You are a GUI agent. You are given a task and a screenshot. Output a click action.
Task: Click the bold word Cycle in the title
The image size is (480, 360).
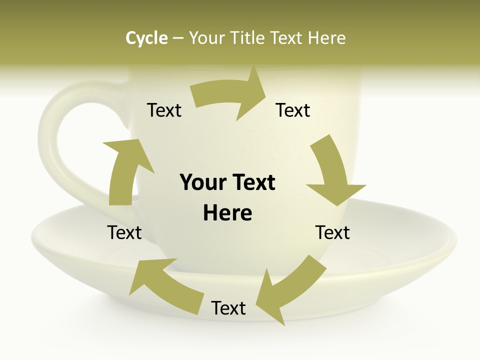146,38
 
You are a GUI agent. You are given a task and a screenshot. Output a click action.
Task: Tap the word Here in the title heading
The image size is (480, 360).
326,38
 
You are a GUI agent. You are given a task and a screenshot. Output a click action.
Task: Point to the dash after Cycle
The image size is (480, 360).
178,38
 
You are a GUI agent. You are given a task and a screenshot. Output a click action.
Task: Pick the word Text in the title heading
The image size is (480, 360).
288,38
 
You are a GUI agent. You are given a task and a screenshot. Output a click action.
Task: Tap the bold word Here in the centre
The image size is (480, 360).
227,213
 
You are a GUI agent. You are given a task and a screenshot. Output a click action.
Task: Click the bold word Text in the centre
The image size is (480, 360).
252,183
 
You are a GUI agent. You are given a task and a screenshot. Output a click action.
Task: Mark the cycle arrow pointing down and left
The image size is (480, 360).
287,290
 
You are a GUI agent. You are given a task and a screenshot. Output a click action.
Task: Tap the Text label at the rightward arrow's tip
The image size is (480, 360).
293,110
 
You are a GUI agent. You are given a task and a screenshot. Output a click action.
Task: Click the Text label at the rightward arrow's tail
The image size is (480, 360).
164,110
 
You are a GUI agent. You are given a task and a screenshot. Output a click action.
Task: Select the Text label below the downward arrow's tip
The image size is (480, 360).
332,232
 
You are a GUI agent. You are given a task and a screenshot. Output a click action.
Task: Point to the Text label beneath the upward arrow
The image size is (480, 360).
124,232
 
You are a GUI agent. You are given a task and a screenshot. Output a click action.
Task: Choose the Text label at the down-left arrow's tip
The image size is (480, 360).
228,308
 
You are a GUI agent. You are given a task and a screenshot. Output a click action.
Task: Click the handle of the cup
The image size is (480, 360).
55,150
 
